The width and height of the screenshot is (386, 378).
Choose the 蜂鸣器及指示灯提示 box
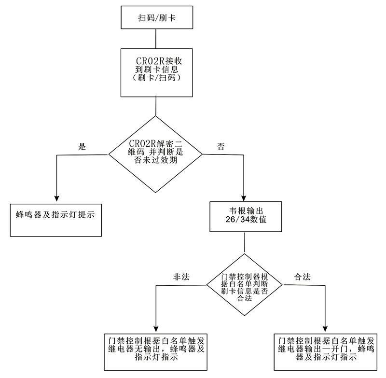56,219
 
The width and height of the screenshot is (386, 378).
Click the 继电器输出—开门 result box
326,350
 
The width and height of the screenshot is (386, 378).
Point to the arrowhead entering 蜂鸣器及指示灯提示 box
57,198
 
